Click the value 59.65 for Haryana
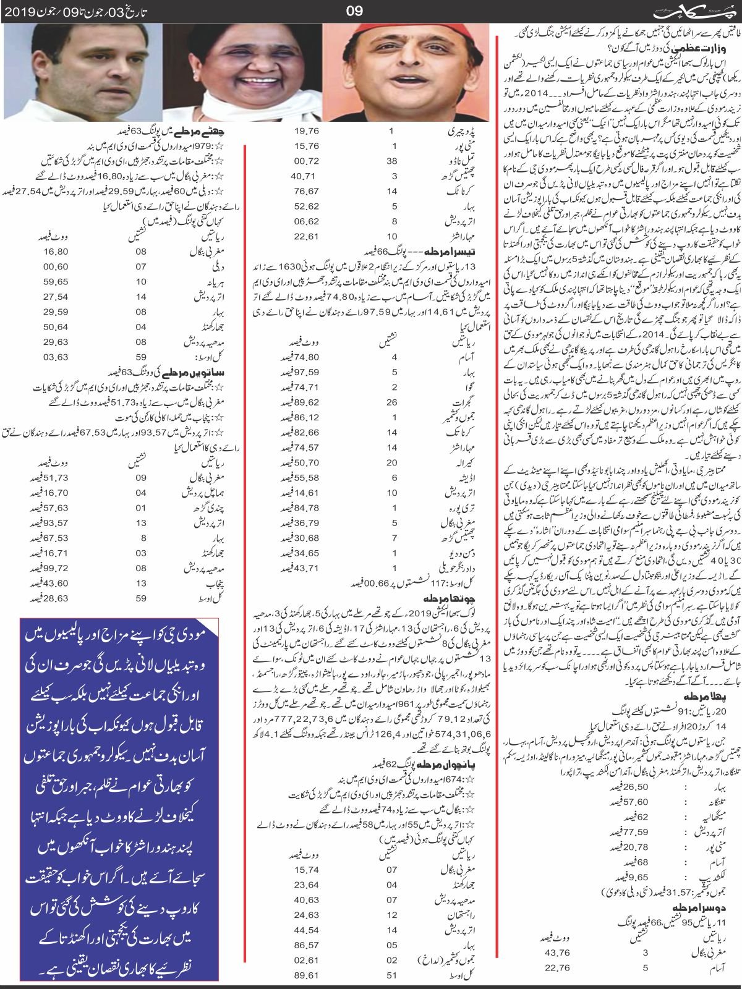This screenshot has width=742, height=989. click(60, 299)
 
